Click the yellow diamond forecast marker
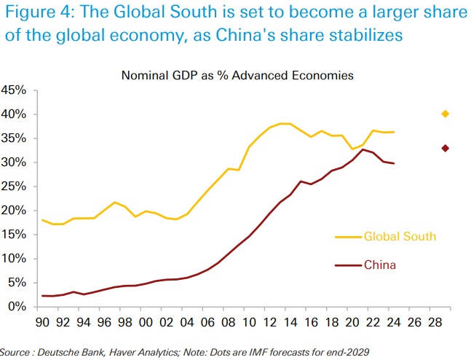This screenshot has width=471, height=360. (x=446, y=114)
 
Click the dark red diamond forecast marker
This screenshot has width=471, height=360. (x=446, y=148)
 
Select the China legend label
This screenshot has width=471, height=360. (x=380, y=265)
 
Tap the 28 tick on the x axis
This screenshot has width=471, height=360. (x=434, y=319)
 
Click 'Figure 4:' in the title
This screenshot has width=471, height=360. (x=41, y=16)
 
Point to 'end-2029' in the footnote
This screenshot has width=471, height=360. (x=348, y=352)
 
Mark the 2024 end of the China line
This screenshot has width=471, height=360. (x=393, y=163)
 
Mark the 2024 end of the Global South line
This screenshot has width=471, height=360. (x=393, y=132)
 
